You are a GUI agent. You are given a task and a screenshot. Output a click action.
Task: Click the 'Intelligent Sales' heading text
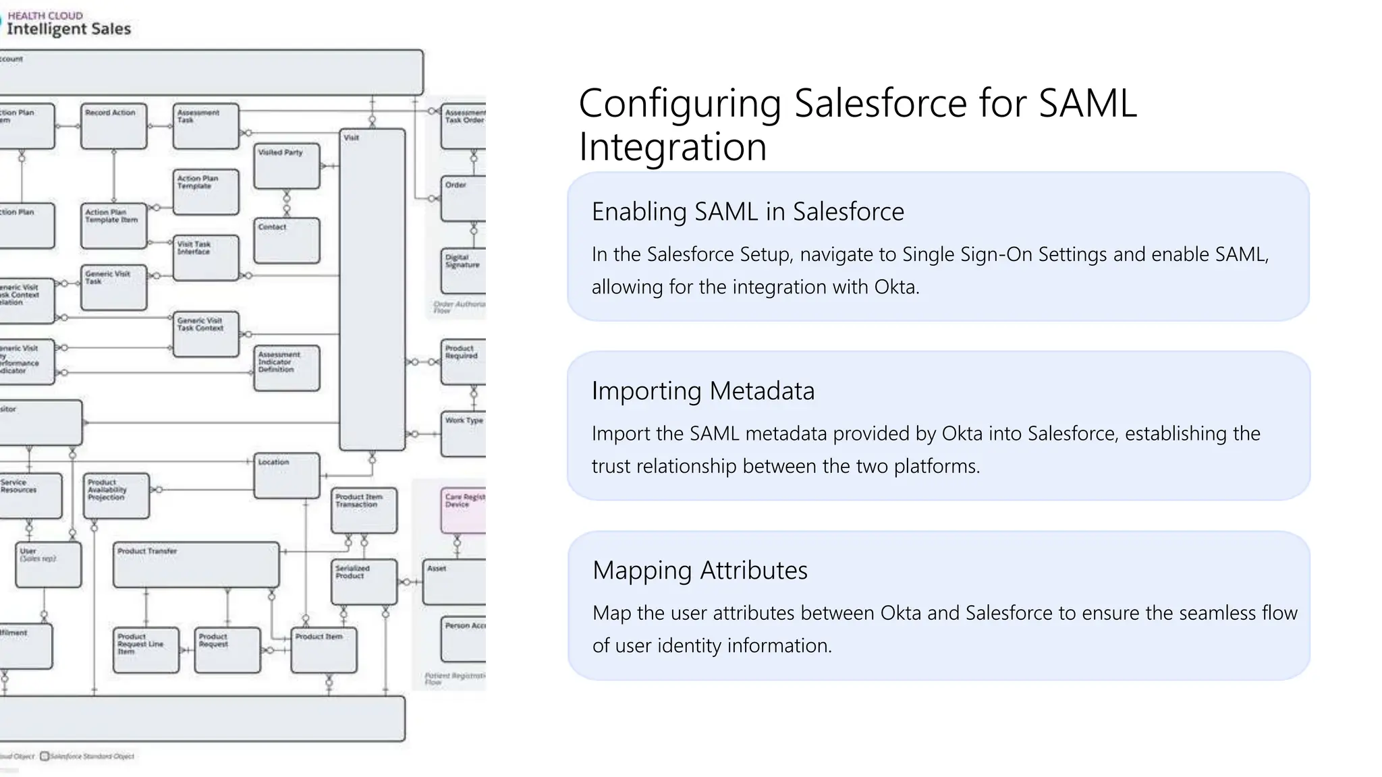(x=68, y=28)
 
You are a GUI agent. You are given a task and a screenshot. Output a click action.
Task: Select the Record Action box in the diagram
(x=113, y=126)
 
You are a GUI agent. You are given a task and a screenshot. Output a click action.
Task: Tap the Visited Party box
(x=286, y=166)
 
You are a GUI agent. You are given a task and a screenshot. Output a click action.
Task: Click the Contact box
(x=286, y=240)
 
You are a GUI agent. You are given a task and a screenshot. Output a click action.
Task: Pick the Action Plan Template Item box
(x=113, y=226)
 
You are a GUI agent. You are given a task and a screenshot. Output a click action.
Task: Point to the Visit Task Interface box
(x=206, y=258)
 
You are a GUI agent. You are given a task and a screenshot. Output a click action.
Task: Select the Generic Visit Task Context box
(x=206, y=334)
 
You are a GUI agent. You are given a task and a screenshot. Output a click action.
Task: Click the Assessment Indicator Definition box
(x=286, y=368)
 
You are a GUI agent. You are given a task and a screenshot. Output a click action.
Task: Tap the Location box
(x=286, y=476)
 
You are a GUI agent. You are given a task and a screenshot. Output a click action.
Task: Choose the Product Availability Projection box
(x=116, y=496)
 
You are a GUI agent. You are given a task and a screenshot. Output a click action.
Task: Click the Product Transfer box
(x=196, y=565)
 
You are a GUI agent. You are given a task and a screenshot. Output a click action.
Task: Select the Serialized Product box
(x=364, y=581)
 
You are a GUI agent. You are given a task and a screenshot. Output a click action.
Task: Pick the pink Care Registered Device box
(x=464, y=510)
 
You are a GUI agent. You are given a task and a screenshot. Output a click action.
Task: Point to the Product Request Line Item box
(x=146, y=650)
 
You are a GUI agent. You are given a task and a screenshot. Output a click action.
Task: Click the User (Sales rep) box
(x=48, y=565)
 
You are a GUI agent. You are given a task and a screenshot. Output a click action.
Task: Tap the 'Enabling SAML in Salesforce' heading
(x=747, y=212)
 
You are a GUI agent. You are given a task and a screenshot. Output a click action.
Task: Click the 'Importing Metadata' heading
(x=702, y=391)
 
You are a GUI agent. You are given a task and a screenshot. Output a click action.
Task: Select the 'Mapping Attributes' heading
(x=699, y=571)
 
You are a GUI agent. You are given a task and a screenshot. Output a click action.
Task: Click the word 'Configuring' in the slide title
(x=679, y=104)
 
